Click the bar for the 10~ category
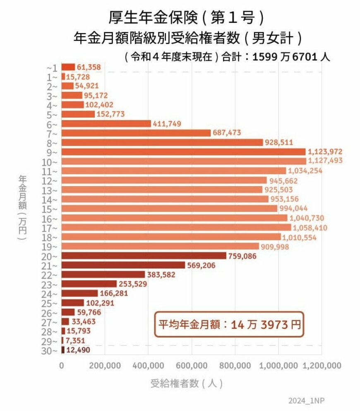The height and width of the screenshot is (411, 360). pyautogui.click(x=184, y=161)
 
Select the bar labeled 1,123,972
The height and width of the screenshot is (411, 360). pyautogui.click(x=183, y=152)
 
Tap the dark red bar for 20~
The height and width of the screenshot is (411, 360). pyautogui.click(x=144, y=256)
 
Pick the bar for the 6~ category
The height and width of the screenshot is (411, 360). pyautogui.click(x=106, y=123)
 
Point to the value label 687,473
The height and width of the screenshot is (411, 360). pyautogui.click(x=227, y=133)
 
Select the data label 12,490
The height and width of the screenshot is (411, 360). pyautogui.click(x=78, y=350)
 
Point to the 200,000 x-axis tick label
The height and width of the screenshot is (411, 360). pyautogui.click(x=105, y=366)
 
